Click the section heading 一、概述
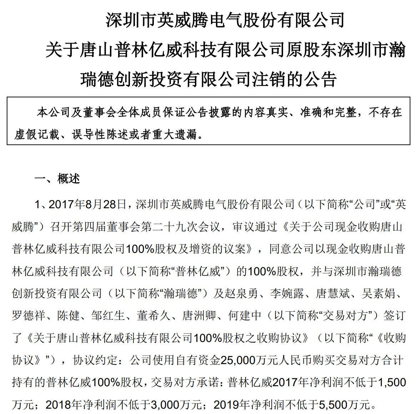click(57, 179)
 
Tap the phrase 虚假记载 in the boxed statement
click(36, 134)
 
